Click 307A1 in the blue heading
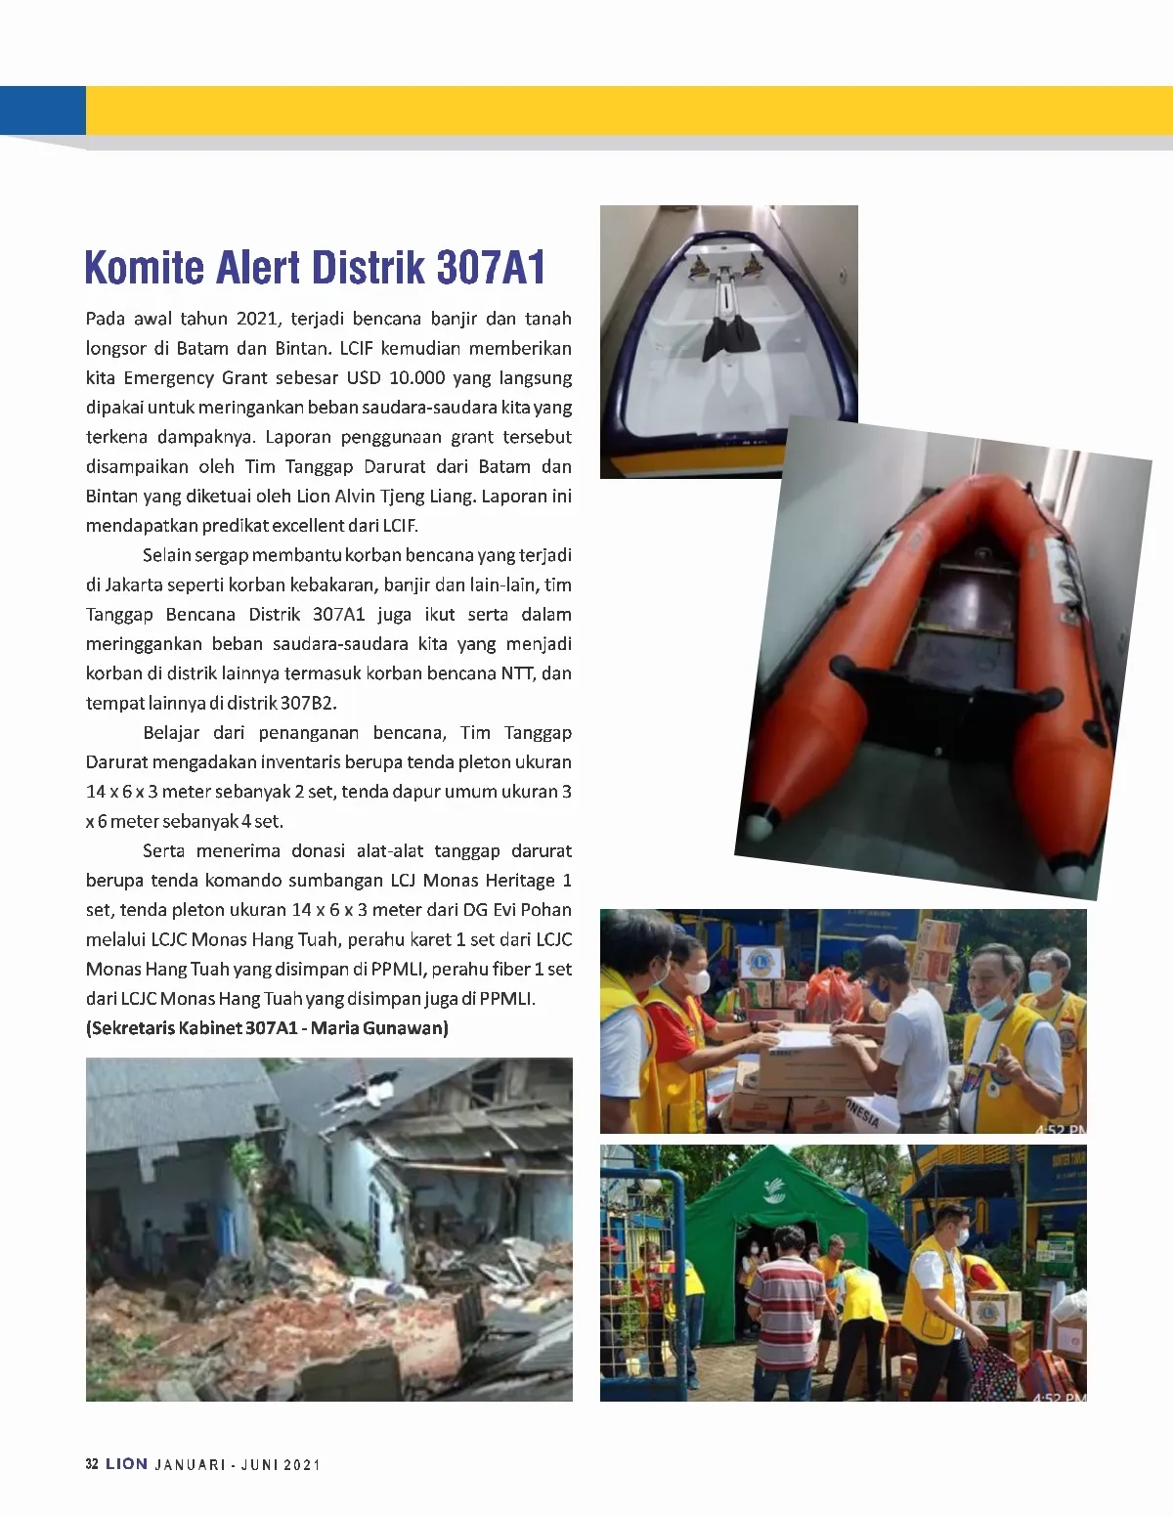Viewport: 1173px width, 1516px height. (x=491, y=268)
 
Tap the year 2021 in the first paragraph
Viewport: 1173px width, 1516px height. (x=257, y=319)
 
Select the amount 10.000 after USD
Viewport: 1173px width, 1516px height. (x=417, y=377)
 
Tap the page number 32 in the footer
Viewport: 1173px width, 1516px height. (x=92, y=1464)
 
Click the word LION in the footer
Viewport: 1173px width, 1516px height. (x=127, y=1464)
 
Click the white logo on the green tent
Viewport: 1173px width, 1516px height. (x=777, y=1191)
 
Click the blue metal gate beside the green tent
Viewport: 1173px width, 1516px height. (x=641, y=1271)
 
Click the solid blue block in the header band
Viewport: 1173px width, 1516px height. (x=43, y=110)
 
